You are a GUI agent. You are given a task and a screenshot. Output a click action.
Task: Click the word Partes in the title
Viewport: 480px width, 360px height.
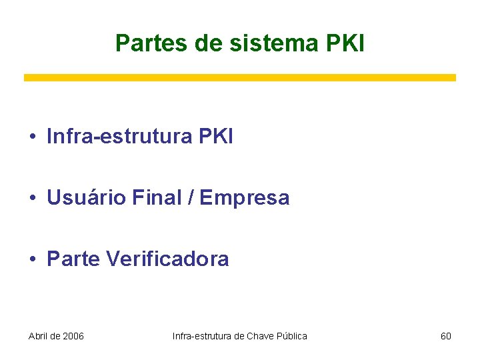pos(151,43)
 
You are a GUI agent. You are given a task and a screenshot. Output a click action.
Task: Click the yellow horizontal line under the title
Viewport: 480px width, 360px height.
pos(240,78)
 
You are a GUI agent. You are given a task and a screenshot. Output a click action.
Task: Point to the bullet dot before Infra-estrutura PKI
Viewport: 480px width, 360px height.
pos(32,137)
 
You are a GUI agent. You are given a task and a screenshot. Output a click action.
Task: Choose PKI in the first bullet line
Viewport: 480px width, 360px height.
pos(216,137)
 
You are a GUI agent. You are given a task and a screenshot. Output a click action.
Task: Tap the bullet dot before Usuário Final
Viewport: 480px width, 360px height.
pos(32,198)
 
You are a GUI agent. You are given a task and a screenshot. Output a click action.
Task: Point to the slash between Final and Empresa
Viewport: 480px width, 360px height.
pos(191,198)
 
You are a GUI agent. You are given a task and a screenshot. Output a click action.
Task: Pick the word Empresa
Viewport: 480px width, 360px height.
pos(245,198)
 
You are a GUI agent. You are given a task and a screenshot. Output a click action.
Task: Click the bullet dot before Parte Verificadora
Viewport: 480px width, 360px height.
pos(32,259)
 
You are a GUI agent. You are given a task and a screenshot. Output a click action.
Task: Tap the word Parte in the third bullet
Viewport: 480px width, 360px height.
pos(73,259)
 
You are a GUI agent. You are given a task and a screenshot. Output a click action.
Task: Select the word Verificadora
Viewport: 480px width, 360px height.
pos(167,259)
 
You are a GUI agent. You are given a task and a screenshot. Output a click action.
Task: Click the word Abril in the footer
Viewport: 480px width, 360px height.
pos(39,336)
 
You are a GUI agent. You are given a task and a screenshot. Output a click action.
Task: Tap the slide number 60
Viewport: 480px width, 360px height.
pos(446,336)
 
